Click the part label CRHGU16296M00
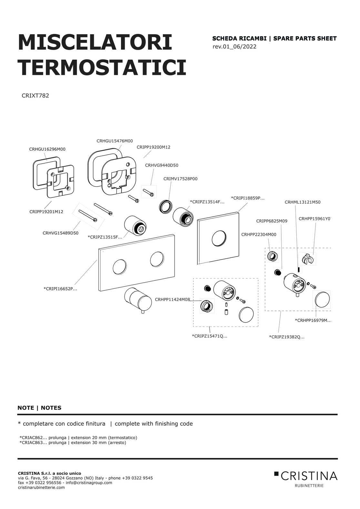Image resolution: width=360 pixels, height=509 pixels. (47, 149)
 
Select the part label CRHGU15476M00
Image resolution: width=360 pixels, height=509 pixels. (115, 141)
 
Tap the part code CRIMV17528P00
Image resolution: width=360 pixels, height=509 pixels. (180, 179)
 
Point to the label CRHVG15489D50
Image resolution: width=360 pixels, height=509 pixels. (60, 233)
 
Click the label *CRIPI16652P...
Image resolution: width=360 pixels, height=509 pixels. (60, 289)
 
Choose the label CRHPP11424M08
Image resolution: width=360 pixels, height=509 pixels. (173, 299)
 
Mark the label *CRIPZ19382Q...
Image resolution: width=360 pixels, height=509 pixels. (287, 337)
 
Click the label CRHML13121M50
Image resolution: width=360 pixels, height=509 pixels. (303, 202)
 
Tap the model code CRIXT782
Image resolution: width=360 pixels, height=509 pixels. (35, 96)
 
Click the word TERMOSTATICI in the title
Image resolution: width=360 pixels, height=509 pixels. (102, 67)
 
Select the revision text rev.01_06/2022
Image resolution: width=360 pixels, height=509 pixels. (235, 46)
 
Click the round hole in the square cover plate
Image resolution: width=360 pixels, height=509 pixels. (219, 238)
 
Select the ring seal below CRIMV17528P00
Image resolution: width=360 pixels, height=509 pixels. (165, 207)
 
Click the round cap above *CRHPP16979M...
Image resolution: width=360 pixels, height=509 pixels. (322, 299)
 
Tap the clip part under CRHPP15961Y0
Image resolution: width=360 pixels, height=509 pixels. (307, 259)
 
